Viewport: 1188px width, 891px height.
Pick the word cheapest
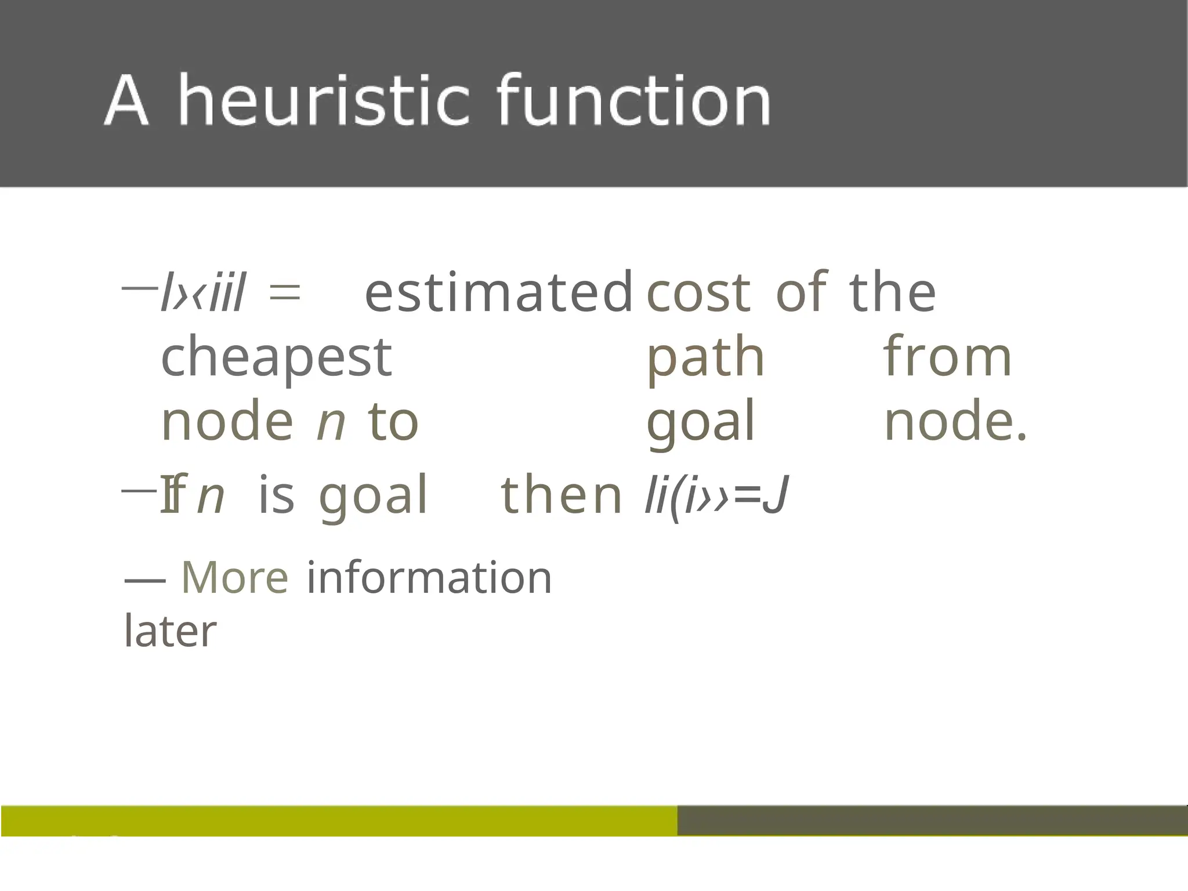tap(276, 357)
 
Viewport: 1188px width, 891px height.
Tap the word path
tap(705, 357)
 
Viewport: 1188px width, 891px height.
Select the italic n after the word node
tap(331, 422)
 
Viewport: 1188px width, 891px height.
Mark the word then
tap(561, 495)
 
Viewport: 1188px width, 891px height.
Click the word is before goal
tap(276, 495)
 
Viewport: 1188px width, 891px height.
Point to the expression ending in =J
tap(717, 497)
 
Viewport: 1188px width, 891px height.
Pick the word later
tap(171, 631)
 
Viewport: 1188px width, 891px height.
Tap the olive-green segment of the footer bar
tap(339, 820)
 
